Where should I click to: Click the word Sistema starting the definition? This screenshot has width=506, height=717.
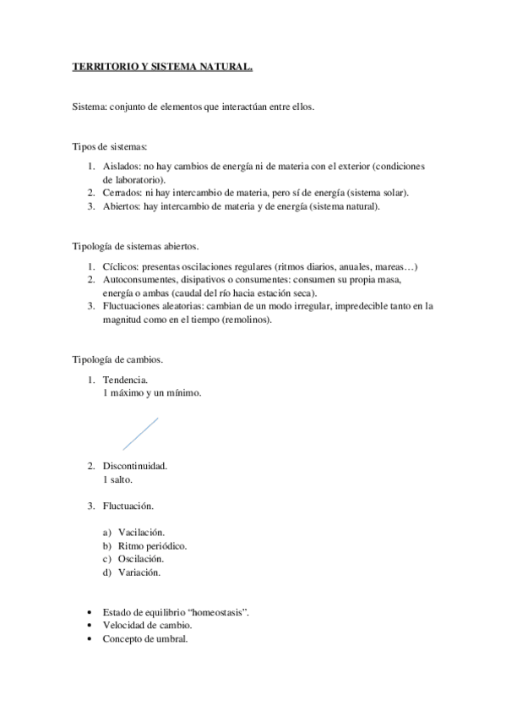tap(88, 107)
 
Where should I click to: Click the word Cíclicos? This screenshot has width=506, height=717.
tap(121, 267)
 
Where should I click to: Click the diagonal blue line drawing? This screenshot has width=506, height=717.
tap(139, 433)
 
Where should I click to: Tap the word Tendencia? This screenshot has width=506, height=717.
tap(125, 380)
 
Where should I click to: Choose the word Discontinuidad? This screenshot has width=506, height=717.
tap(134, 466)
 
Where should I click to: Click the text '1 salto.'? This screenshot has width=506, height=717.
tap(118, 479)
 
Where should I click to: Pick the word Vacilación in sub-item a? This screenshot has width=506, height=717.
tap(141, 532)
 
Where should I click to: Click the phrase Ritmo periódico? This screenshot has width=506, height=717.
tap(152, 545)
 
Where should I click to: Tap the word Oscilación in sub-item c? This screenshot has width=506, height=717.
tap(141, 559)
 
